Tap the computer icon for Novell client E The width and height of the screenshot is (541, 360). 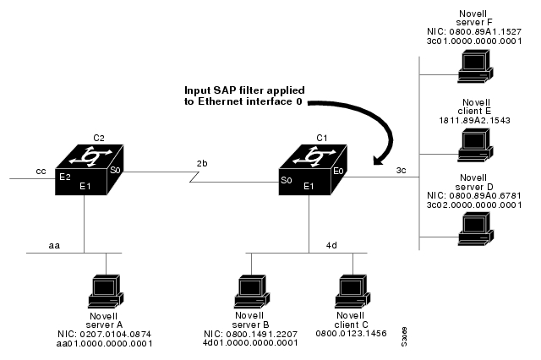pos(473,145)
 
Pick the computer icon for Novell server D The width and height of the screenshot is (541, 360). pos(473,226)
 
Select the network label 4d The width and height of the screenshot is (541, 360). pos(332,246)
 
